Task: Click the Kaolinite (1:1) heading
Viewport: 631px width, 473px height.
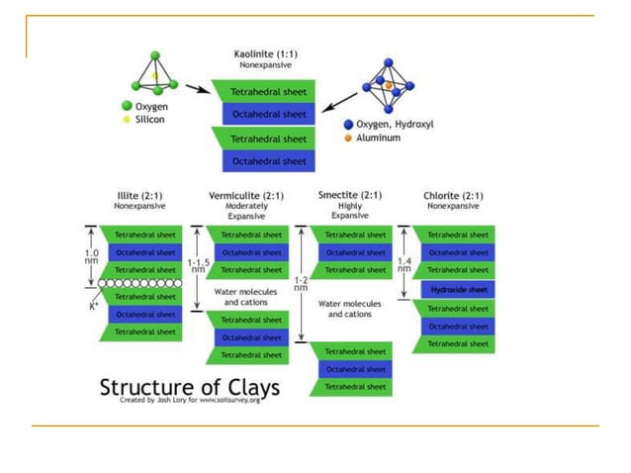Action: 261,53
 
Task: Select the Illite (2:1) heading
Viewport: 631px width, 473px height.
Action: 137,195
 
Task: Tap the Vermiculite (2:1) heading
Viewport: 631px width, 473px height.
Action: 247,195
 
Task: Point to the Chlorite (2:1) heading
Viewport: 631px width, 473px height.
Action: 452,195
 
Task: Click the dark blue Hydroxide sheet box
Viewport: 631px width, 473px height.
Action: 458,289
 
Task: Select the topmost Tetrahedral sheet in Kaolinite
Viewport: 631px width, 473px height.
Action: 265,92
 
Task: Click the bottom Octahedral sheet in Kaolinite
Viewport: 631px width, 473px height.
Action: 265,160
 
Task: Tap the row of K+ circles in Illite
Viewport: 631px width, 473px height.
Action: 137,282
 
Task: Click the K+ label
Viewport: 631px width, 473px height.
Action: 95,305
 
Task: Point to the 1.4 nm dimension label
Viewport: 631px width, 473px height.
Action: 404,265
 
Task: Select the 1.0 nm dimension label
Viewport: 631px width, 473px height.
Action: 90,256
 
